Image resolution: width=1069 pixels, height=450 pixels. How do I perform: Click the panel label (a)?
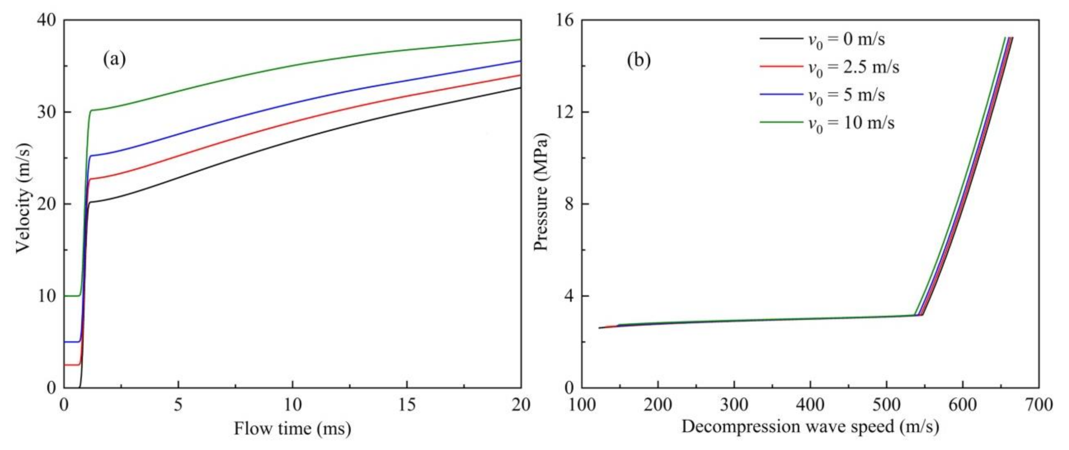114,60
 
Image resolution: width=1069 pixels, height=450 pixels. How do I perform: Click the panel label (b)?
639,61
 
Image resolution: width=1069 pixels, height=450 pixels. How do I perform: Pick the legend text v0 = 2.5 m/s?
853,68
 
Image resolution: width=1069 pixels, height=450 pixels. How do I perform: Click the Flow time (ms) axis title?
292,428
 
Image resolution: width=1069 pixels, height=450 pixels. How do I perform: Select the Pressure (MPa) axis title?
541,193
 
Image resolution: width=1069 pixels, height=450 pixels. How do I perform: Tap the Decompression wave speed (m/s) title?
810,427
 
